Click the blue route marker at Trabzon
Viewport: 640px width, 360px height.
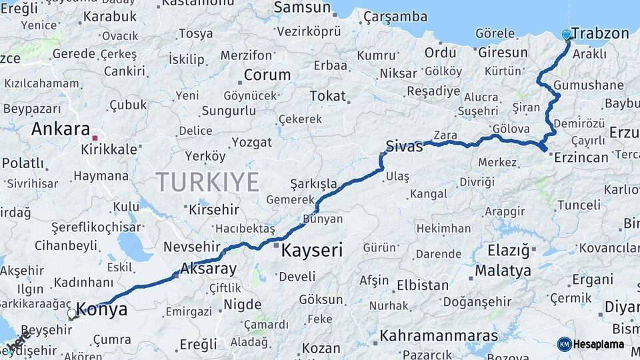567,34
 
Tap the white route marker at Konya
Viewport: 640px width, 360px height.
72,313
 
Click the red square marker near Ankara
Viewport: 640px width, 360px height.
95,138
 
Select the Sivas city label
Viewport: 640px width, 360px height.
404,147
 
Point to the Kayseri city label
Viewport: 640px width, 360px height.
312,251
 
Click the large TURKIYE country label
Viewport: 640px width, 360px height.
207,181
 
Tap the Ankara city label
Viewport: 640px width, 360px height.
60,129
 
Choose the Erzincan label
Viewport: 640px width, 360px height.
581,157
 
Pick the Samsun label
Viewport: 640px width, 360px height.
303,8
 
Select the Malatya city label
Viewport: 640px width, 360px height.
503,271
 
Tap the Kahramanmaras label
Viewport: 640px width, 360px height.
439,335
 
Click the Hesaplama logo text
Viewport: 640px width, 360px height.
599,345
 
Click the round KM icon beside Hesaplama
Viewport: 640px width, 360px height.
564,344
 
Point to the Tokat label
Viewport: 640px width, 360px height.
328,96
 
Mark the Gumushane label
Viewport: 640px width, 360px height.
588,85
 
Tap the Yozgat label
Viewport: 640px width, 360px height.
251,142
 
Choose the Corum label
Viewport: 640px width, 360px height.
267,75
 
